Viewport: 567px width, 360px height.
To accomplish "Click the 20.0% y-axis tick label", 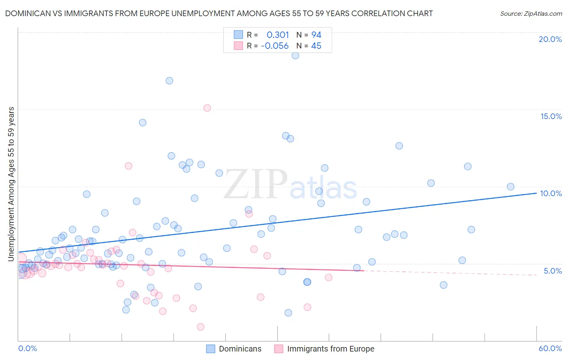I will pos(550,39).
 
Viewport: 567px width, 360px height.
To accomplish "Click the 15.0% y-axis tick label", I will pos(551,116).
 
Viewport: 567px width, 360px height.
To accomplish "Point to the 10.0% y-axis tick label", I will pos(551,193).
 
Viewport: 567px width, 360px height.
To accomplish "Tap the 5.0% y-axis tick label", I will pos(552,271).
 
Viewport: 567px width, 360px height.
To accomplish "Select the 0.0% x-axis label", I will pos(27,348).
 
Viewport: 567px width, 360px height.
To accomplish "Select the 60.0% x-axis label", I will pos(550,348).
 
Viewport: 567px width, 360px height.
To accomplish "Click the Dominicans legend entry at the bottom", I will pos(240,349).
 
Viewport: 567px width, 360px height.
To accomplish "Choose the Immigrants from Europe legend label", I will pos(331,349).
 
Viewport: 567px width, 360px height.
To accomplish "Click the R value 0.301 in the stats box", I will pos(278,35).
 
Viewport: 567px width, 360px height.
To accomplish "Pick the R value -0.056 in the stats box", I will pos(275,46).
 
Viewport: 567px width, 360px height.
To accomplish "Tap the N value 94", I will pos(316,35).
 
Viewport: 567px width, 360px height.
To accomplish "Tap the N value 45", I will pos(316,46).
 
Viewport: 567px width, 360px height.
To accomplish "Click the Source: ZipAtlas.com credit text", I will pos(531,14).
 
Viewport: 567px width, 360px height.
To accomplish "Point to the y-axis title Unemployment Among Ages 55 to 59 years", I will pos(11,184).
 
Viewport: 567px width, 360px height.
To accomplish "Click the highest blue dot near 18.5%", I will pos(295,55).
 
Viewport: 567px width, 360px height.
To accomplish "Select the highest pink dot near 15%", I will pos(207,108).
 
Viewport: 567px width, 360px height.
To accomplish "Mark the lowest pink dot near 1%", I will pos(200,327).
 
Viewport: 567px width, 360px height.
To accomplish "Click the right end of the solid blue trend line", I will pos(536,193).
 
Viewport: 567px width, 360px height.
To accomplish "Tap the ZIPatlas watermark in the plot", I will pos(290,185).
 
